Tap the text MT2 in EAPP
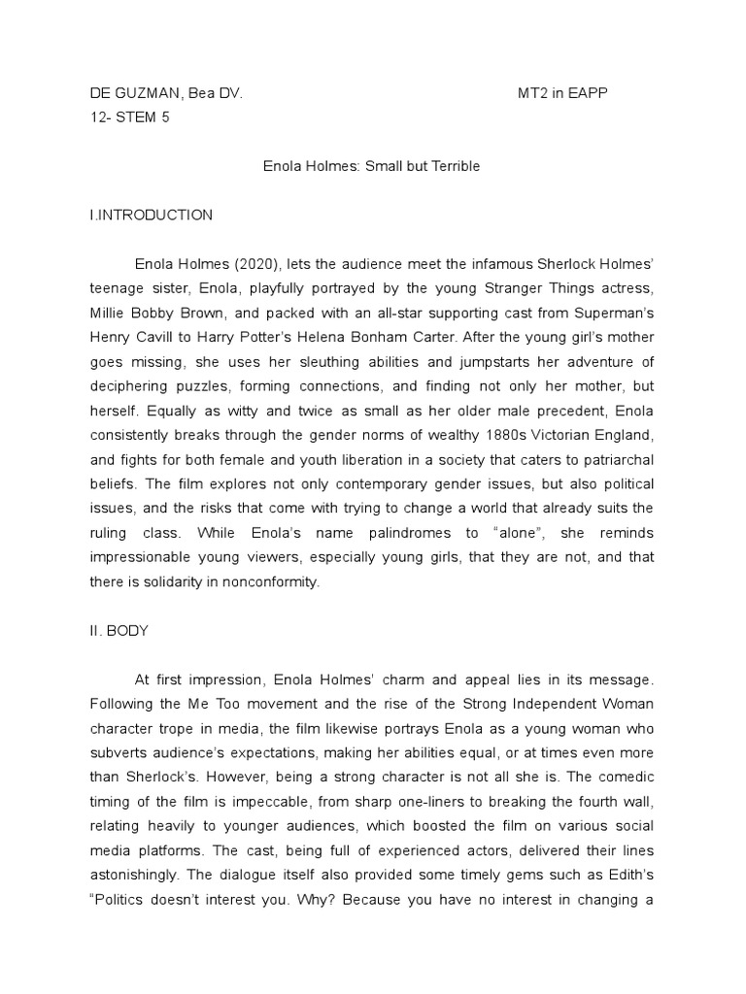click(x=562, y=93)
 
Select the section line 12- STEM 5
click(x=127, y=117)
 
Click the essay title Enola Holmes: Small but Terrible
click(x=372, y=166)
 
